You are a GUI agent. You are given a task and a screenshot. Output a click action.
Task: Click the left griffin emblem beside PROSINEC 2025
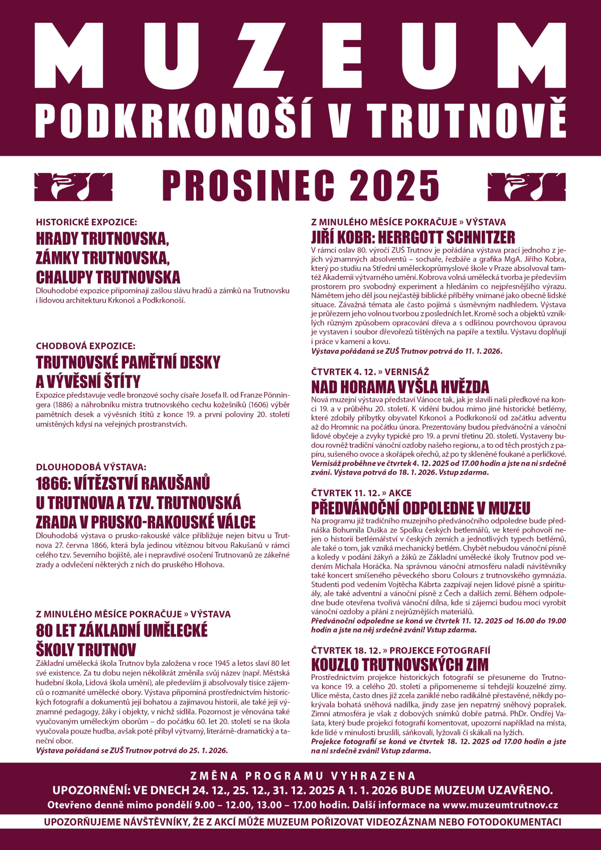pyautogui.click(x=74, y=186)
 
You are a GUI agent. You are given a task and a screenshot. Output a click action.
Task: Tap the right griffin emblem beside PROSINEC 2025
pyautogui.click(x=526, y=186)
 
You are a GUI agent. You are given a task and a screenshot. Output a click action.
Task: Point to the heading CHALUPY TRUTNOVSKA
pyautogui.click(x=108, y=278)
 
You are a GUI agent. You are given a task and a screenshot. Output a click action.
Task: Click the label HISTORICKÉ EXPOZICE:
pyautogui.click(x=86, y=222)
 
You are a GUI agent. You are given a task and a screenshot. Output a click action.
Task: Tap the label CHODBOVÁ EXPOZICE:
pyautogui.click(x=85, y=346)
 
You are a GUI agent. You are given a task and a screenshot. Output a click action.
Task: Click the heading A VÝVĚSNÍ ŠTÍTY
pyautogui.click(x=88, y=382)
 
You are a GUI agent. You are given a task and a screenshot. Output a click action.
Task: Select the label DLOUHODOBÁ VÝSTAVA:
pyautogui.click(x=91, y=467)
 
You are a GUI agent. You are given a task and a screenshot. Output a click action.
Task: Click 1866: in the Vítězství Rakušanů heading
pyautogui.click(x=53, y=483)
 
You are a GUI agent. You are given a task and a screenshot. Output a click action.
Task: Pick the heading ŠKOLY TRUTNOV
pyautogui.click(x=86, y=650)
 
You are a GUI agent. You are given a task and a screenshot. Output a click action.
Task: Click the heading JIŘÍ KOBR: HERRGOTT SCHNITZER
pyautogui.click(x=413, y=237)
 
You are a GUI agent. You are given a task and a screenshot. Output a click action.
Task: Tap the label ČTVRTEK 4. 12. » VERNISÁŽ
pyautogui.click(x=370, y=371)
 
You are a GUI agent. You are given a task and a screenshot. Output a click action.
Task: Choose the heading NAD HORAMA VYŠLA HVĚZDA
pyautogui.click(x=400, y=387)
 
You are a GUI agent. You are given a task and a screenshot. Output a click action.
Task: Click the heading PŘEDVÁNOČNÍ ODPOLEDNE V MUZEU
pyautogui.click(x=420, y=508)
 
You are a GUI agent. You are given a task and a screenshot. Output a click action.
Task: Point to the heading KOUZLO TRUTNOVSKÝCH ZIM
pyautogui.click(x=399, y=665)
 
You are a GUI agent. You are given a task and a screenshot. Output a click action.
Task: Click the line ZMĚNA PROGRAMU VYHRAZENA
pyautogui.click(x=303, y=776)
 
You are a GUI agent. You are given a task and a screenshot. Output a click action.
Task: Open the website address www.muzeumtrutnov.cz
pyautogui.click(x=500, y=805)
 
